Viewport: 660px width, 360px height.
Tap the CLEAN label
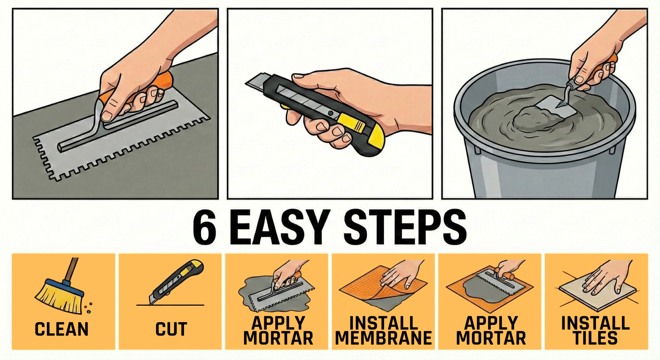62,330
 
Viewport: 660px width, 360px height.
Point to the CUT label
171,330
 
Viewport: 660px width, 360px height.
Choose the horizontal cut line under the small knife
170,305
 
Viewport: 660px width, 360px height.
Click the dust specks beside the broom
89,307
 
